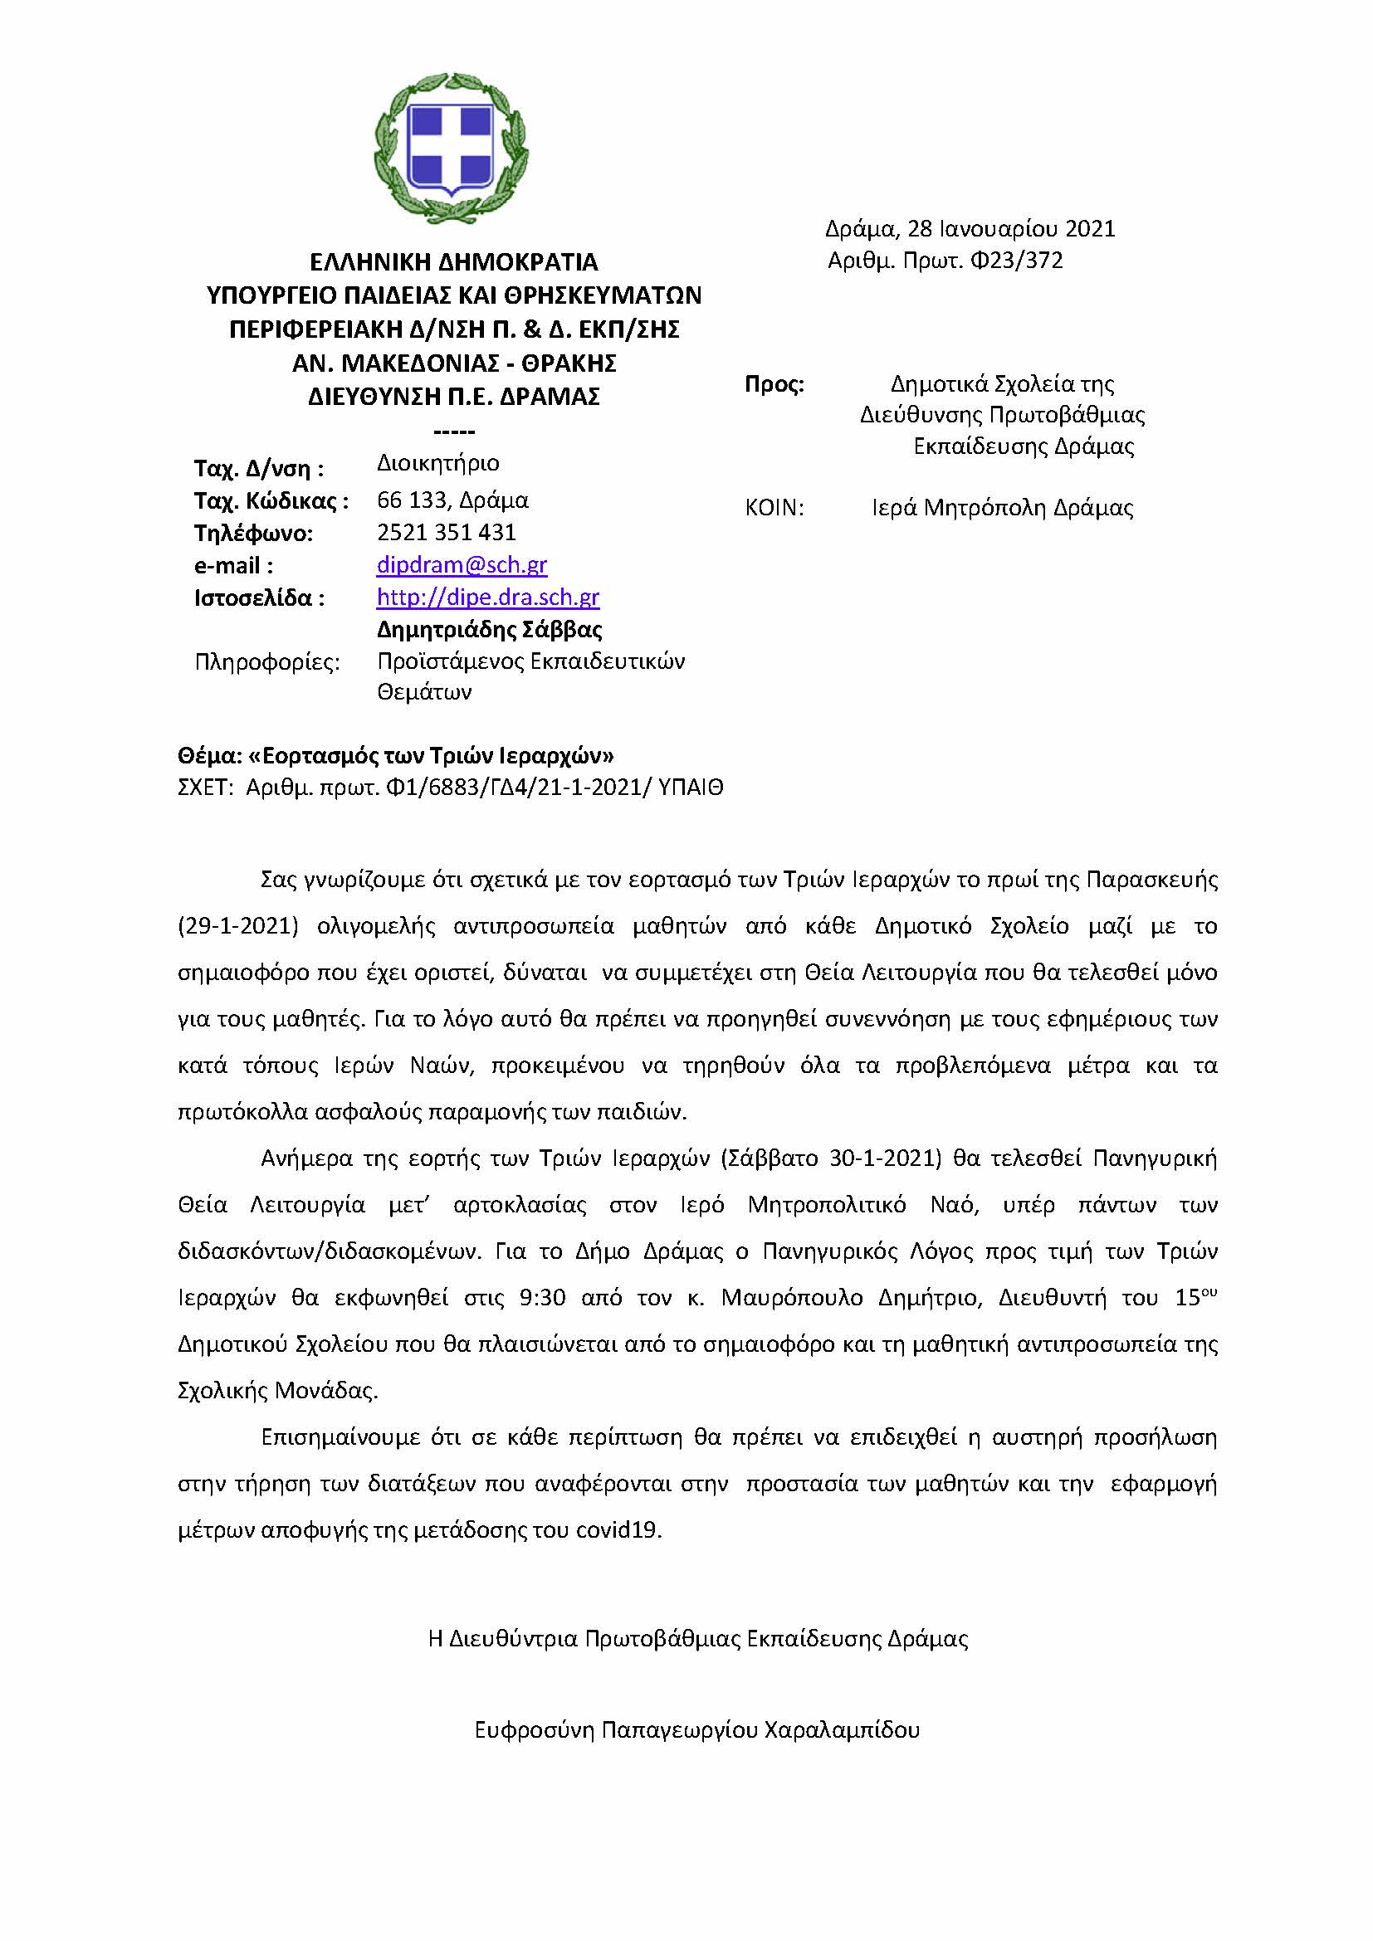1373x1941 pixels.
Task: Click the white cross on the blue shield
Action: tap(451, 144)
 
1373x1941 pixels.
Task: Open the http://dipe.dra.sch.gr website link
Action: tap(488, 597)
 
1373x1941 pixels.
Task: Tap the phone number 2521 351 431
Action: tap(446, 532)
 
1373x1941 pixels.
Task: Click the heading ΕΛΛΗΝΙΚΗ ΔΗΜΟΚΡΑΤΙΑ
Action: tap(454, 261)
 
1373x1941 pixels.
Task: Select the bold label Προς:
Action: tap(774, 385)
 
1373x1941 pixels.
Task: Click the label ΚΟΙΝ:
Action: tap(774, 508)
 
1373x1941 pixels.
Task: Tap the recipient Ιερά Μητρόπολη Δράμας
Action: tap(1002, 508)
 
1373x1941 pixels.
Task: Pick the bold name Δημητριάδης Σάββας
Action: tap(490, 629)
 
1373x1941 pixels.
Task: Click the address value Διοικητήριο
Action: tap(438, 463)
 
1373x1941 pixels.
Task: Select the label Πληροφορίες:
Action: tap(267, 661)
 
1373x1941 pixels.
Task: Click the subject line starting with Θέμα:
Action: tap(396, 755)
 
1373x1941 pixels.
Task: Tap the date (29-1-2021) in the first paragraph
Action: tap(238, 927)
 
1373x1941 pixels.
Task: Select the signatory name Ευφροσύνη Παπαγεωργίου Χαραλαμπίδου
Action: tap(696, 1729)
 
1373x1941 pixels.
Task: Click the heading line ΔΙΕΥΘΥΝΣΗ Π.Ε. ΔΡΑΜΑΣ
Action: tap(454, 397)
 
